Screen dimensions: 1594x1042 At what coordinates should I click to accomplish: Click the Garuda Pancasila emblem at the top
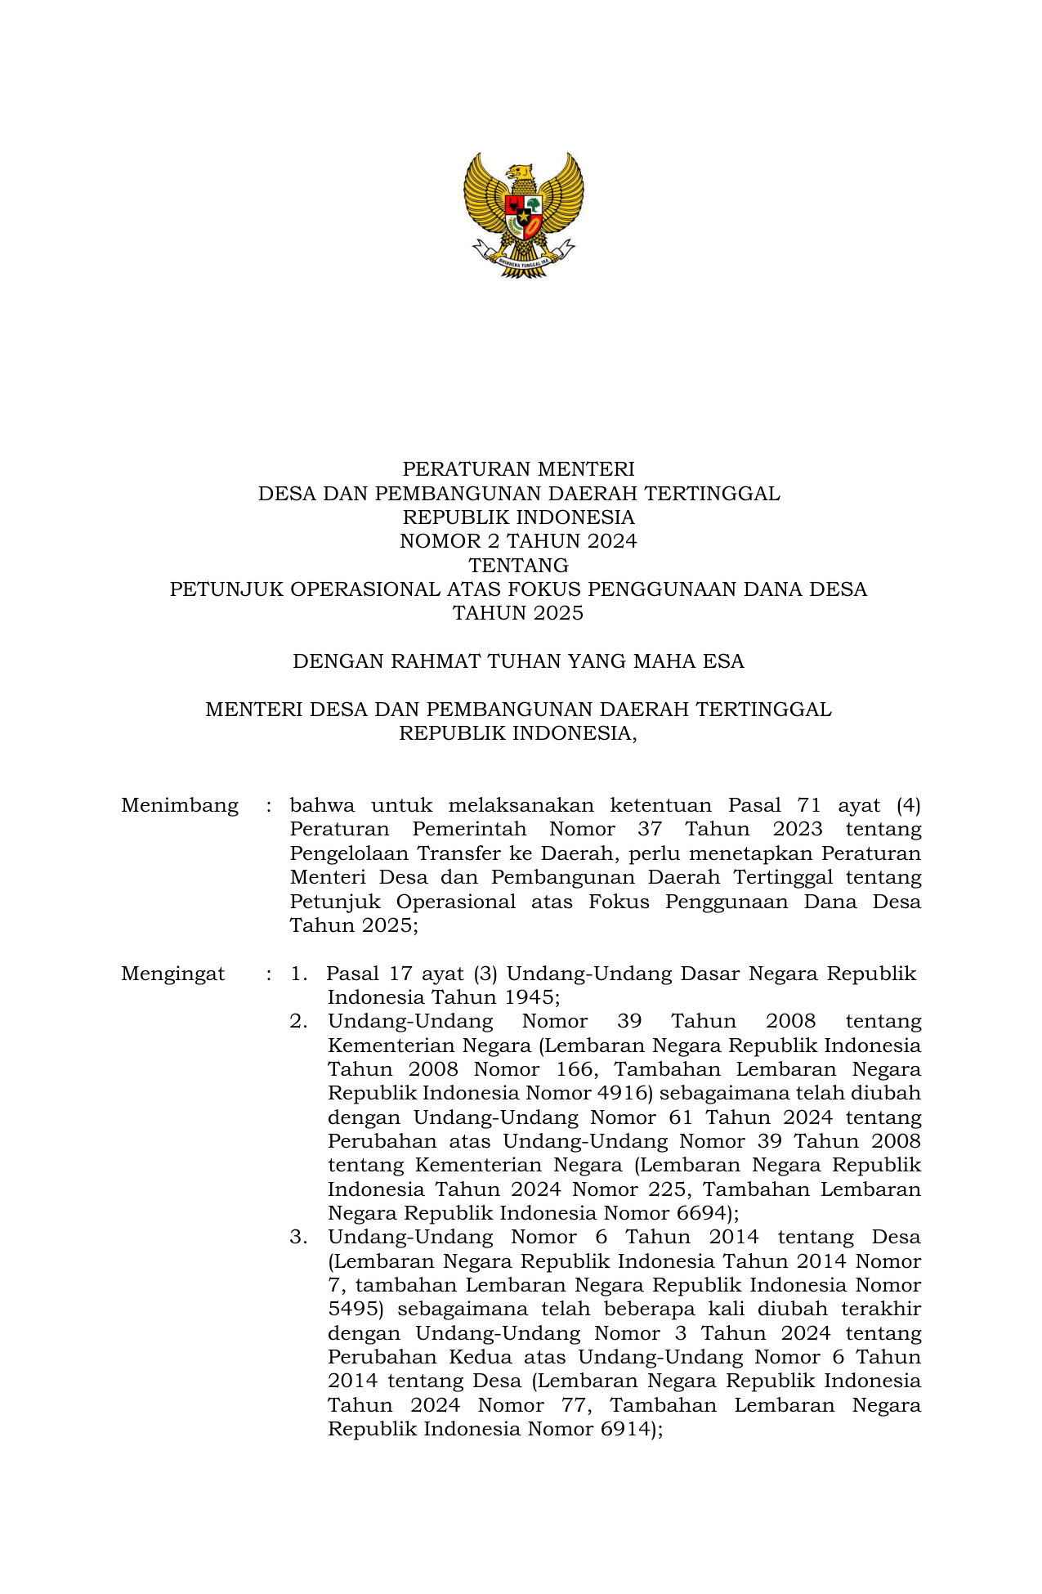point(523,214)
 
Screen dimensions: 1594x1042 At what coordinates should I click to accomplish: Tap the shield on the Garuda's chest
point(523,215)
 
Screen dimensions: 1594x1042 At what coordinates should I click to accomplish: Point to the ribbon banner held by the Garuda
point(523,260)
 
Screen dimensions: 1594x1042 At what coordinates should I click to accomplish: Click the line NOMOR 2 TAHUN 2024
point(518,541)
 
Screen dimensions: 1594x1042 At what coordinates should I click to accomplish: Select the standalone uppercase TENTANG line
point(518,566)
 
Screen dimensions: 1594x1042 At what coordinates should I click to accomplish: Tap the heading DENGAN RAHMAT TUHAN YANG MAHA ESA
point(518,661)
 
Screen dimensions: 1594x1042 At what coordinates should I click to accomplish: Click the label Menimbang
point(180,806)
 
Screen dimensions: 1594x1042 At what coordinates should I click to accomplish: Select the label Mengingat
point(172,974)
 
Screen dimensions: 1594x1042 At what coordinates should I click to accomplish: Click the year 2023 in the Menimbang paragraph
point(797,830)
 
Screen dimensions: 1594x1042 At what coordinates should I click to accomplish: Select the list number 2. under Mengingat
point(298,1022)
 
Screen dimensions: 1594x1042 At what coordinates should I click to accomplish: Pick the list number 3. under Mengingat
point(298,1238)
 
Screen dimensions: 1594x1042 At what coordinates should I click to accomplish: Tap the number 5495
point(354,1310)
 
